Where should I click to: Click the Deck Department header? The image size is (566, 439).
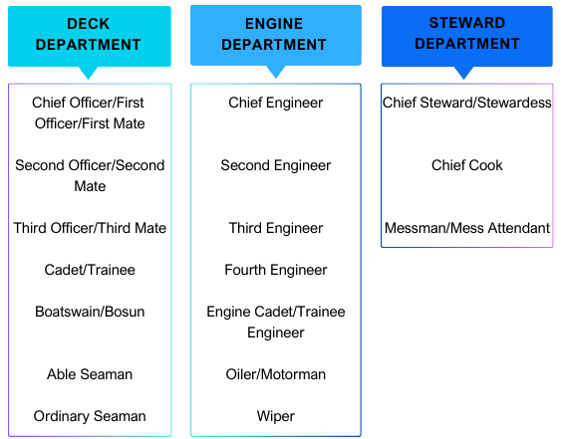pos(90,36)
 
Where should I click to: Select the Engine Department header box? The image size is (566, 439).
pos(276,36)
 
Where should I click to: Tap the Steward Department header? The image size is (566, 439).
pos(467,36)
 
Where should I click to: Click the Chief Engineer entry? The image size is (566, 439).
pos(276,103)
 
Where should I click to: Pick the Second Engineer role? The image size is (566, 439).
pos(276,165)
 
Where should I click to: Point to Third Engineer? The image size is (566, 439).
pos(276,228)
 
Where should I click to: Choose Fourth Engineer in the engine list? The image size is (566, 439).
pos(276,270)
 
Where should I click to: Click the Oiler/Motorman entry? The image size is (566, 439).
pos(276,374)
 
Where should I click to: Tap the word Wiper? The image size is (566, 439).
pos(276,416)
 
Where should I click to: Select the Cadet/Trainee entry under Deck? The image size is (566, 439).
pos(90,270)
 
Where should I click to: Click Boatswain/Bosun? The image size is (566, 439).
pos(90,312)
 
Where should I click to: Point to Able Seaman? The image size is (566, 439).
pos(90,374)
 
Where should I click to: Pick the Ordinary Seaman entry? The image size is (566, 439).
pos(90,416)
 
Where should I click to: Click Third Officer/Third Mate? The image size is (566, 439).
pos(90,228)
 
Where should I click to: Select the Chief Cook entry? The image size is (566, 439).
pos(467,165)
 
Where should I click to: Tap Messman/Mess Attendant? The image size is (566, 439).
pos(467,228)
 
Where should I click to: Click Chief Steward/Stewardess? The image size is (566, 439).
pos(467,103)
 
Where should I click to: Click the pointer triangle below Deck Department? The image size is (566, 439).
pos(89,72)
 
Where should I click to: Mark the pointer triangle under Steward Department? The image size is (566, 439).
pos(463,72)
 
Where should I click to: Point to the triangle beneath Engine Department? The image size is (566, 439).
pos(276,71)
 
